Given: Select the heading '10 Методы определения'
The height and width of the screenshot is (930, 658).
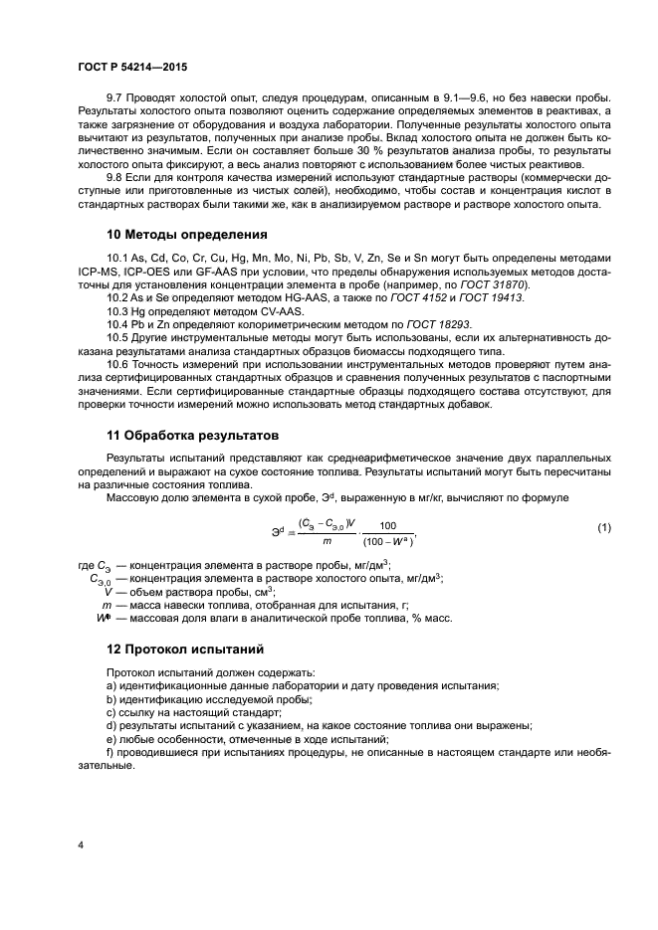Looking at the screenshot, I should pyautogui.click(x=187, y=236).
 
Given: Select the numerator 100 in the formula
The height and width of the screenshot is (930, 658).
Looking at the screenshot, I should pyautogui.click(x=388, y=525).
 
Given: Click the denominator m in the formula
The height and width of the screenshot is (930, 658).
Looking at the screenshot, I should pyautogui.click(x=326, y=541).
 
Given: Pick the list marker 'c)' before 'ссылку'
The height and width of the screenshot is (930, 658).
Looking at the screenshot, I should pyautogui.click(x=110, y=712).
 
